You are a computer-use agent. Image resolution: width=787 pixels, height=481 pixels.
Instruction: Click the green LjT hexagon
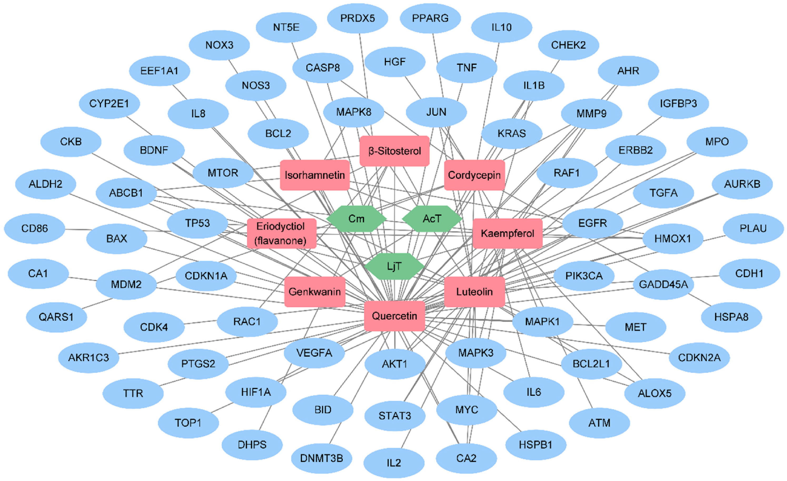click(394, 266)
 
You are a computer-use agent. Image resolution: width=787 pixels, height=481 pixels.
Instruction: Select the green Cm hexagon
click(356, 219)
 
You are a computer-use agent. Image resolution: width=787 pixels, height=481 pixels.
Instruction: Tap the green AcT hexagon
click(432, 219)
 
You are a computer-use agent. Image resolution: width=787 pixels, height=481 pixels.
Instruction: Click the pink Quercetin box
click(394, 316)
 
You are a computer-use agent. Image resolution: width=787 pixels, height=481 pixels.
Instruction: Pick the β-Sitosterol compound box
click(394, 151)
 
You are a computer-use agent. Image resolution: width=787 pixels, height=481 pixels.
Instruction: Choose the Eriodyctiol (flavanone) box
click(281, 233)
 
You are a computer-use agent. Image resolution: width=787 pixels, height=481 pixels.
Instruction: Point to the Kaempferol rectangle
click(507, 233)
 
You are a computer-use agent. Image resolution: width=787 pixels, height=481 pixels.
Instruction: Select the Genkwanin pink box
click(315, 292)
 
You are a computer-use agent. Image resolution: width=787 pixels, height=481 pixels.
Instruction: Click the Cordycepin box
click(474, 175)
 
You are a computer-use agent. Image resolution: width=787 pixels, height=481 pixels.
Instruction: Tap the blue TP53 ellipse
click(197, 223)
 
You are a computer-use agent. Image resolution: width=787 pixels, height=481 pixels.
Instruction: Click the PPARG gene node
click(430, 18)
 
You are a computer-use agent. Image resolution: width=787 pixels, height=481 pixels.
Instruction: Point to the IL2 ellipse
click(394, 463)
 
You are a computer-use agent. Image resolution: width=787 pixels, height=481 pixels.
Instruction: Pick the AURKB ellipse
click(742, 184)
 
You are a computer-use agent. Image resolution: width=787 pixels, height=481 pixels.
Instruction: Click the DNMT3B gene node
click(321, 458)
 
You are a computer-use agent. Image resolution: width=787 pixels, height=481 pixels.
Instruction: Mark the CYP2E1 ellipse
click(109, 104)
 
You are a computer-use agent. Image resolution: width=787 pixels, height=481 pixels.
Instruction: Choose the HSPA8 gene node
click(731, 317)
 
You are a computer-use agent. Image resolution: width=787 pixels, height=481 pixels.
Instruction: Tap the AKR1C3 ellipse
click(88, 357)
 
